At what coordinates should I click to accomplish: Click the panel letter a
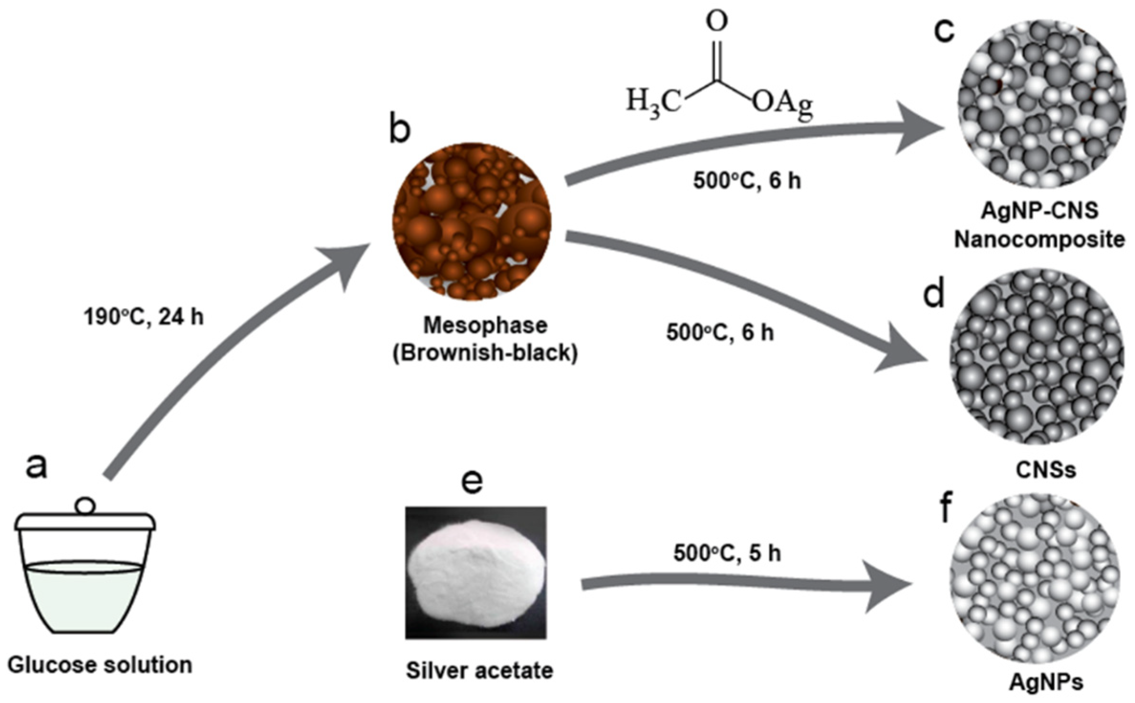[36, 465]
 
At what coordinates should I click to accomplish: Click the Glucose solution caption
[100, 665]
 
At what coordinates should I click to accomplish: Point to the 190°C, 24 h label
[144, 317]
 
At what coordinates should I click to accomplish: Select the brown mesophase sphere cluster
[472, 221]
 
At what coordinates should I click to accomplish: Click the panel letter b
[400, 129]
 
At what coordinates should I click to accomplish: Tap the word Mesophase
[485, 326]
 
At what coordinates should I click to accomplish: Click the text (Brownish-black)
[485, 353]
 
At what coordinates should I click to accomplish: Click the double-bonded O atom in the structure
[717, 22]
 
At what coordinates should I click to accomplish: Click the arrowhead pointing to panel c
[920, 128]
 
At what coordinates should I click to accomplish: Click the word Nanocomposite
[1039, 239]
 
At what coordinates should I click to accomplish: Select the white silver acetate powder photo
[476, 572]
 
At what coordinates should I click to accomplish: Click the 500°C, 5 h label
[727, 553]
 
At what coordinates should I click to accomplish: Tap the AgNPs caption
[1046, 682]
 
